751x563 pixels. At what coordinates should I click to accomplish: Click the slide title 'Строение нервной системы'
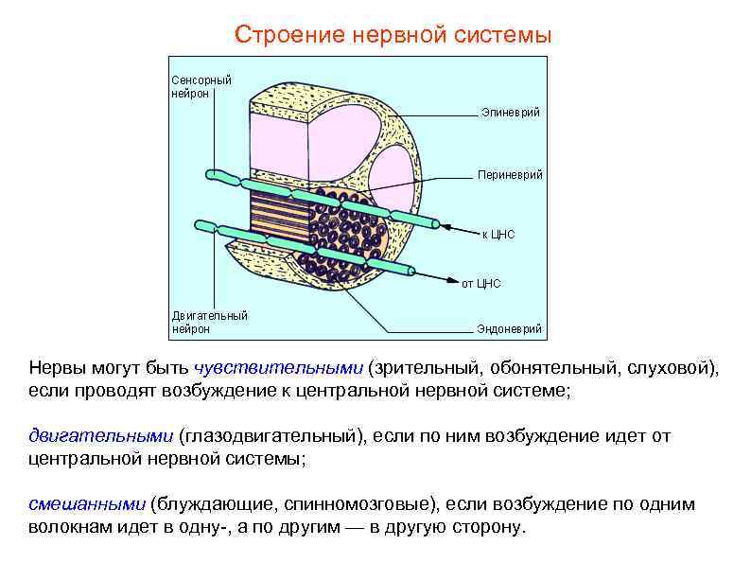[x=393, y=36]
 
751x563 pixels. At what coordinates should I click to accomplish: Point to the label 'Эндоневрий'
[x=509, y=329]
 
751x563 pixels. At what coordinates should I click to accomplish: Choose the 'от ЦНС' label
[x=480, y=283]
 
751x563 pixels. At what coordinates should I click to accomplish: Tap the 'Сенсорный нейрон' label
[x=201, y=87]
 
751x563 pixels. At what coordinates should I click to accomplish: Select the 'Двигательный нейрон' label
[x=209, y=322]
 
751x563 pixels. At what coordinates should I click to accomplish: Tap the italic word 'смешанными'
[x=86, y=504]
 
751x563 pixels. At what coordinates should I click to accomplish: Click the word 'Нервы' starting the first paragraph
[x=54, y=368]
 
